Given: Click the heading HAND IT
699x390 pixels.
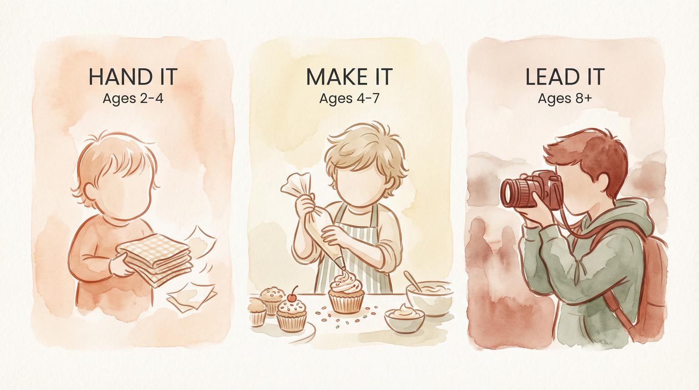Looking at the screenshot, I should click(132, 76).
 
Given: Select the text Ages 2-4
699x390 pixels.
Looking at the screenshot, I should click(132, 98).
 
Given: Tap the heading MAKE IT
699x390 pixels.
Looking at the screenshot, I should click(349, 76).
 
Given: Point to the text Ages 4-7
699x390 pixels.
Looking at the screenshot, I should click(349, 98).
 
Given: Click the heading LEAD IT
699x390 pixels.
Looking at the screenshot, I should click(565, 76).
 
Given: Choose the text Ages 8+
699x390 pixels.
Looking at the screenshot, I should click(565, 98).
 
